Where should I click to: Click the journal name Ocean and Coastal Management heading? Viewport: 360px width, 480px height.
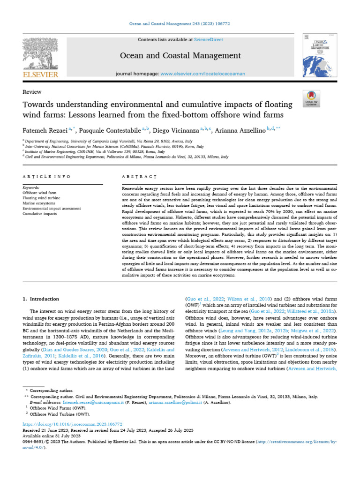point(180,56)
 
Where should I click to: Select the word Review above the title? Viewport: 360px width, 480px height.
point(32,92)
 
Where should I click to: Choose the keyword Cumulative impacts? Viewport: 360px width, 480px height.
point(40,213)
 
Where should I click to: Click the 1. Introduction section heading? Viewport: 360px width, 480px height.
point(41,299)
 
